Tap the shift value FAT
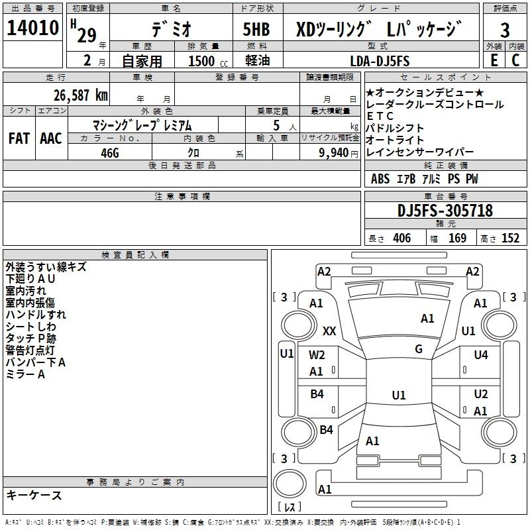19,138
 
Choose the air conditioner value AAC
51,138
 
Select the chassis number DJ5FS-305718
445,211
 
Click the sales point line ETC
380,116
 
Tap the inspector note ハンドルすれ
36,315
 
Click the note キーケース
34,495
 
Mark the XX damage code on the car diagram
329,331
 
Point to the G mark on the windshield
418,348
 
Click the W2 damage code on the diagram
317,355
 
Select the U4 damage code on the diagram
481,355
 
